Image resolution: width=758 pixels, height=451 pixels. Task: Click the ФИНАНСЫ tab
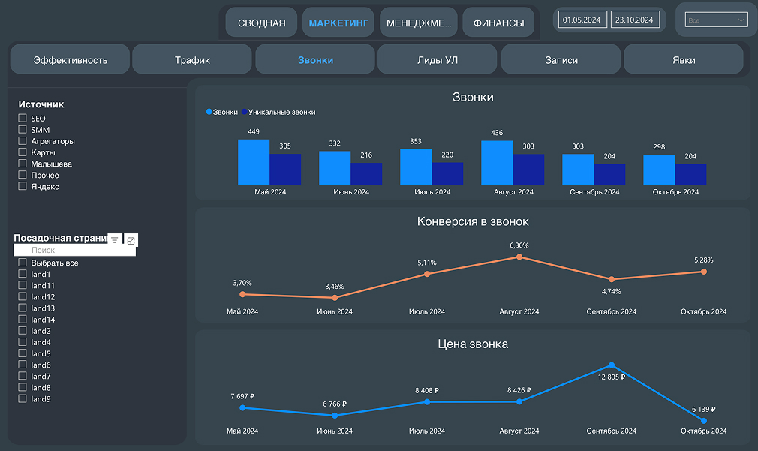pos(498,23)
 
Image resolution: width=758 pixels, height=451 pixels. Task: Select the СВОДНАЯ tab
pos(262,23)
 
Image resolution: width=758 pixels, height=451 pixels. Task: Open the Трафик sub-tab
pos(192,60)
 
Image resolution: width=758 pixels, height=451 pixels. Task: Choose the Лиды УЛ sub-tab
pos(437,60)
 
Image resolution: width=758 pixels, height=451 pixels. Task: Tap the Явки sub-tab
pos(684,60)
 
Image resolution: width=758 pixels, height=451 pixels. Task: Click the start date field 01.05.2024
pos(582,20)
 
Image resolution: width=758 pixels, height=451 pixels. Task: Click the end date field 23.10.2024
pos(634,20)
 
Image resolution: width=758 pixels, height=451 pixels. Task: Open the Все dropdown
pos(716,20)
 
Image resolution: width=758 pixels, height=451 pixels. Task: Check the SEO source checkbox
pos(23,119)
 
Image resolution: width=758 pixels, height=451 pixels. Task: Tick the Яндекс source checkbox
pos(23,186)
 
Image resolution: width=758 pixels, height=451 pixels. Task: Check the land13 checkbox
pos(23,308)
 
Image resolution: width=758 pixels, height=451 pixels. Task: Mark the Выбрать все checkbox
pos(23,263)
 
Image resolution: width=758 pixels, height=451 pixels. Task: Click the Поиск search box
pos(75,250)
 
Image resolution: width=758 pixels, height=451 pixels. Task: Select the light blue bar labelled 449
pos(254,162)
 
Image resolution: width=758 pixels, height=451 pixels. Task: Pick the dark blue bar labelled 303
pos(528,169)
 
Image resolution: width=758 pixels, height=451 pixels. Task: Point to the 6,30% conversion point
pos(519,257)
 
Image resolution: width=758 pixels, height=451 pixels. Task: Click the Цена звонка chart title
pos(473,344)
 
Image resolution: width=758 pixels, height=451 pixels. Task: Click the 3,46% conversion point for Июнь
pos(335,298)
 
